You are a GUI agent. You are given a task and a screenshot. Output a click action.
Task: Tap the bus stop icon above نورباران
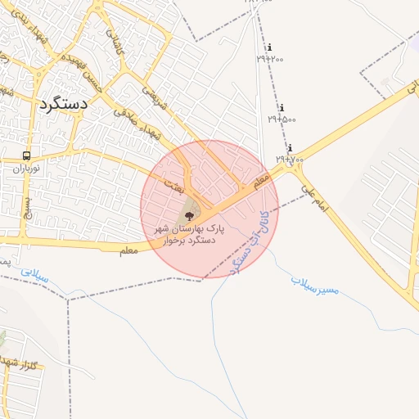pyautogui.click(x=26, y=155)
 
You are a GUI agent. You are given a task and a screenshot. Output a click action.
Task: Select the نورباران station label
pyautogui.click(x=25, y=168)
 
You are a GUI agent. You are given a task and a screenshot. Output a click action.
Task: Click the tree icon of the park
pyautogui.click(x=190, y=216)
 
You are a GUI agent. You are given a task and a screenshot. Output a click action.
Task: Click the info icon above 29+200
pyautogui.click(x=270, y=47)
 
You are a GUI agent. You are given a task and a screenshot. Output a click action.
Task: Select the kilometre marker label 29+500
pyautogui.click(x=282, y=119)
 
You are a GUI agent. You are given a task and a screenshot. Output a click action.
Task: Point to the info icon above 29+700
pyautogui.click(x=290, y=148)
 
